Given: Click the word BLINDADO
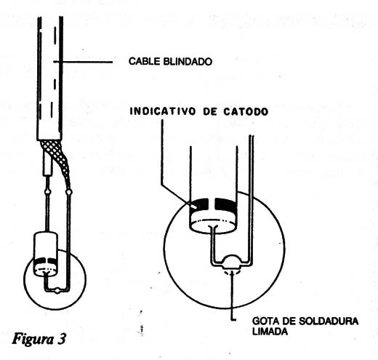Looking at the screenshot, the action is point(188,61).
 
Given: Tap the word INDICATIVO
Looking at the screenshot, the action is point(163,111).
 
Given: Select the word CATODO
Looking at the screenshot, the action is point(246,111).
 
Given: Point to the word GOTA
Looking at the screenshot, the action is point(264,321).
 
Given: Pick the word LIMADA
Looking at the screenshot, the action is point(270,331).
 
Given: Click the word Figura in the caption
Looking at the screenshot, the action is point(33,339).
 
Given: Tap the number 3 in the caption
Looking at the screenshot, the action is point(62,338).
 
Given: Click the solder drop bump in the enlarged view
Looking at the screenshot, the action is point(232,261).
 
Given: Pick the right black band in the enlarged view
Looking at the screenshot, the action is point(225,206).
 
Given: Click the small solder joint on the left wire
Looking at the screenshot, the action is point(48,193).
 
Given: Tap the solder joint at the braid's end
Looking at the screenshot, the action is point(69,193).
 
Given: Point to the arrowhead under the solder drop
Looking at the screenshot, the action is point(232,273).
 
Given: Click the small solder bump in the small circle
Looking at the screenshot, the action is point(57,290).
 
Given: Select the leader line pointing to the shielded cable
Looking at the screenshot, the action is point(83,62).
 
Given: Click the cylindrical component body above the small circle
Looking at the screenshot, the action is point(45,254).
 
